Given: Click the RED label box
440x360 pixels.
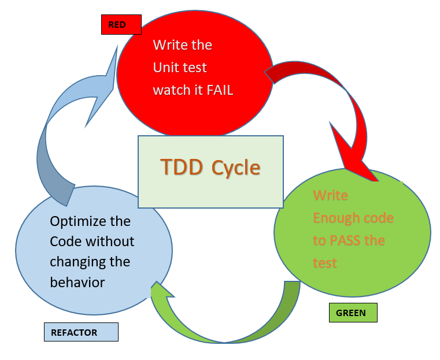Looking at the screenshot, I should click(x=121, y=25).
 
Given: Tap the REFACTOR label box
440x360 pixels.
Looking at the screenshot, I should click(x=81, y=332).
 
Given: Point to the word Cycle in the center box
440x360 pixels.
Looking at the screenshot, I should click(x=235, y=167).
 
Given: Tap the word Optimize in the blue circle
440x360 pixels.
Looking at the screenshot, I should click(x=79, y=221).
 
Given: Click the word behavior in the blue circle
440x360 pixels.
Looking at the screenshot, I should click(x=77, y=282).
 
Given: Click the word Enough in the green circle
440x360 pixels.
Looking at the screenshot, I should click(x=338, y=218).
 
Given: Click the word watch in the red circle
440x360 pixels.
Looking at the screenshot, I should click(x=170, y=90).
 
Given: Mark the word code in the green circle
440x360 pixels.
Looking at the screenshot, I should click(x=380, y=218).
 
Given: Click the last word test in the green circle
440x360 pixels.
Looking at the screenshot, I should click(x=325, y=263).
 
